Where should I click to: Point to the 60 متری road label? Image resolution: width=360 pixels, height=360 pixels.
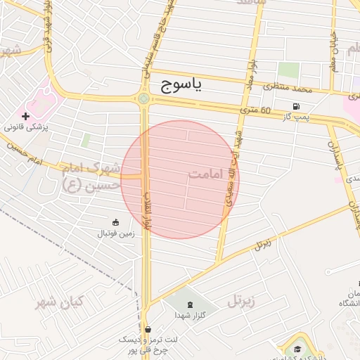coord(256,110)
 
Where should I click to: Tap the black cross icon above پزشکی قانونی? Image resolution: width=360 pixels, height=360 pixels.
coord(26,116)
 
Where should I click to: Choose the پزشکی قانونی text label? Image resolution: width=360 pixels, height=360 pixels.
coord(25,128)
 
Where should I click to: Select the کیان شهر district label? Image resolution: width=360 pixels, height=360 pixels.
coord(60,302)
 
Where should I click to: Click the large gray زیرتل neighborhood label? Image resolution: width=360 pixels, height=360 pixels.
coord(240,302)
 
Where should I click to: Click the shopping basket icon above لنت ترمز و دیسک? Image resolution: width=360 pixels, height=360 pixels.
coord(148,328)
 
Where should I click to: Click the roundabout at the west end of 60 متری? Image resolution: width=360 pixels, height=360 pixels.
coord(143,99)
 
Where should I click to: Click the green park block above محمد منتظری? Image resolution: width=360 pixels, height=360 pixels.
coord(288,71)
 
